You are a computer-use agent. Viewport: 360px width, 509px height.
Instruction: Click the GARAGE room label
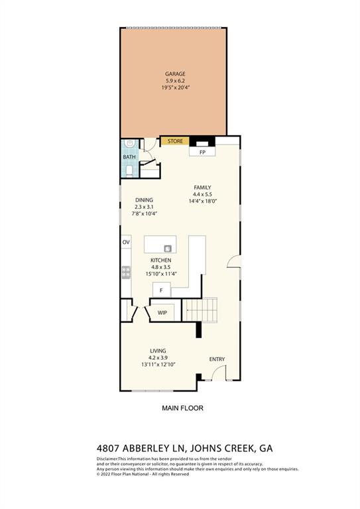(175, 74)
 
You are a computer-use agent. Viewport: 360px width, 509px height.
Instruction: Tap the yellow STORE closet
(175, 141)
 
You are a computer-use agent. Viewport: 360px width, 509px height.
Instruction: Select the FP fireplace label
(203, 152)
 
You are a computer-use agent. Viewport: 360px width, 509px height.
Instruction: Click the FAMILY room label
(202, 188)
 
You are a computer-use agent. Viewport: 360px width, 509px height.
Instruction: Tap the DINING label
(144, 200)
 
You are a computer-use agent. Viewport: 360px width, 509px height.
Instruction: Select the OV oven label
(125, 243)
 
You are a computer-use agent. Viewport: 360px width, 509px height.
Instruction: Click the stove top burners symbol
(125, 272)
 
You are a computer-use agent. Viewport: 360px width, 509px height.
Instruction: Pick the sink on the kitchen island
(168, 249)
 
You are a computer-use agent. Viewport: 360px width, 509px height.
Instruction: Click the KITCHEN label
(161, 260)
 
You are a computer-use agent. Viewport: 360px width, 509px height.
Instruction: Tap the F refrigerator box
(161, 290)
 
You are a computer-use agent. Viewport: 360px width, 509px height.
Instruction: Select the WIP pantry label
(162, 311)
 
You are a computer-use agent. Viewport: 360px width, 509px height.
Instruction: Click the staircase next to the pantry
(201, 309)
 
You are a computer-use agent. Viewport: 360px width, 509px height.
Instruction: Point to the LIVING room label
(158, 351)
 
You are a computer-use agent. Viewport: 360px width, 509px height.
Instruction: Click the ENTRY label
(217, 359)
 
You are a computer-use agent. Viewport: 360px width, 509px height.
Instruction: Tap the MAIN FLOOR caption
(183, 408)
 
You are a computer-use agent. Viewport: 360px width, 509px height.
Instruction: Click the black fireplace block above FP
(202, 141)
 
